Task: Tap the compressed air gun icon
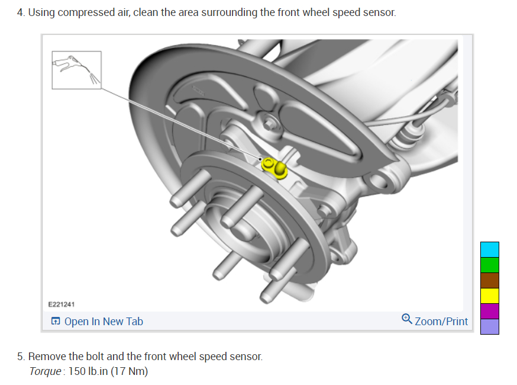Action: (76, 69)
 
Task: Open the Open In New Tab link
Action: (103, 322)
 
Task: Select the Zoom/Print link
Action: (441, 322)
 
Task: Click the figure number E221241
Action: (61, 304)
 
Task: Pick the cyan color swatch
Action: (489, 249)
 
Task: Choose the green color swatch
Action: (489, 265)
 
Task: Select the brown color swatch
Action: (489, 280)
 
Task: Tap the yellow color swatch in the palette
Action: (489, 296)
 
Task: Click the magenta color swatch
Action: (489, 311)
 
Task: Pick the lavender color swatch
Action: (489, 326)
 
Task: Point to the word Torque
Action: (45, 371)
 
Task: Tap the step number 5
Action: (20, 357)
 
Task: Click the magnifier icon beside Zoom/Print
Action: (406, 319)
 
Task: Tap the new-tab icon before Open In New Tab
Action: (56, 322)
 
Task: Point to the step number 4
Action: (20, 12)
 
